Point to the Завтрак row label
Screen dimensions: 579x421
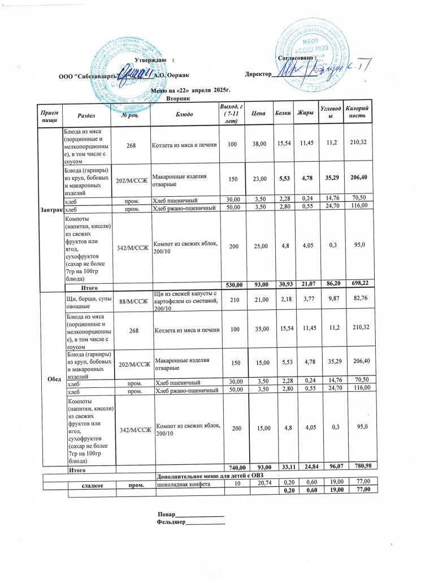click(x=50, y=210)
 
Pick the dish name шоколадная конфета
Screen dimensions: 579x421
click(x=184, y=485)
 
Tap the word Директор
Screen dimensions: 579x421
click(x=258, y=75)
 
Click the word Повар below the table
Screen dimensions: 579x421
click(x=166, y=515)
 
